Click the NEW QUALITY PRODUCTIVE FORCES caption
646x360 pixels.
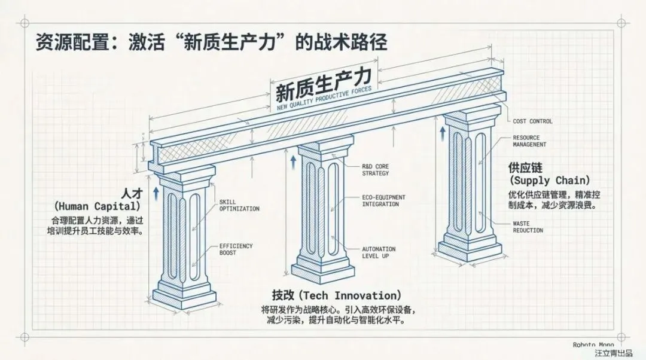pos(323,99)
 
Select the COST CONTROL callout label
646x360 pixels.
pos(532,121)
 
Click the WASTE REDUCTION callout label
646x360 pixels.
pos(528,227)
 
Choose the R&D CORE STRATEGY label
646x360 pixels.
pos(375,170)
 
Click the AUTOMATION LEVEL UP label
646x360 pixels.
pos(378,252)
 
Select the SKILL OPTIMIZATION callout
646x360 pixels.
pos(239,205)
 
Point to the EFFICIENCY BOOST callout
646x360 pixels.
pos(236,249)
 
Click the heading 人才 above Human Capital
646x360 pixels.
pos(131,194)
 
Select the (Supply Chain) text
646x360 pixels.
pos(550,180)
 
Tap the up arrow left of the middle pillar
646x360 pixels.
pos(292,161)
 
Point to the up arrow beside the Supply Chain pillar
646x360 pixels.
pos(443,131)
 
